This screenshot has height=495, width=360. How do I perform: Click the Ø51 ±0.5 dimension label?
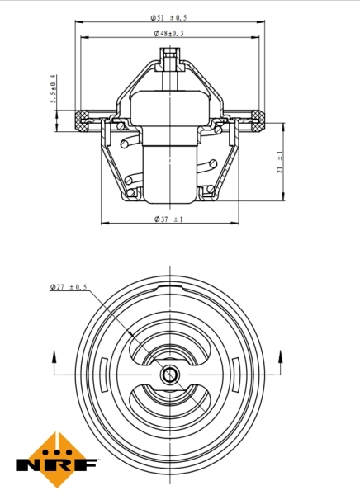[x=168, y=17]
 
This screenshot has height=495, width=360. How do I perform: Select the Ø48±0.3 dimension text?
[x=168, y=34]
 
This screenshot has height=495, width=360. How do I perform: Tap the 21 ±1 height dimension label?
[x=281, y=161]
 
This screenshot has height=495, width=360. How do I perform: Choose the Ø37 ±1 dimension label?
[x=168, y=219]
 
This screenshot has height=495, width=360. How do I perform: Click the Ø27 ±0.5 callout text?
[x=68, y=286]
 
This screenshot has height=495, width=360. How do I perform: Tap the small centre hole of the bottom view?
[x=169, y=376]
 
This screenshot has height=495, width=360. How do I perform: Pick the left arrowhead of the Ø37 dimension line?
[x=104, y=224]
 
